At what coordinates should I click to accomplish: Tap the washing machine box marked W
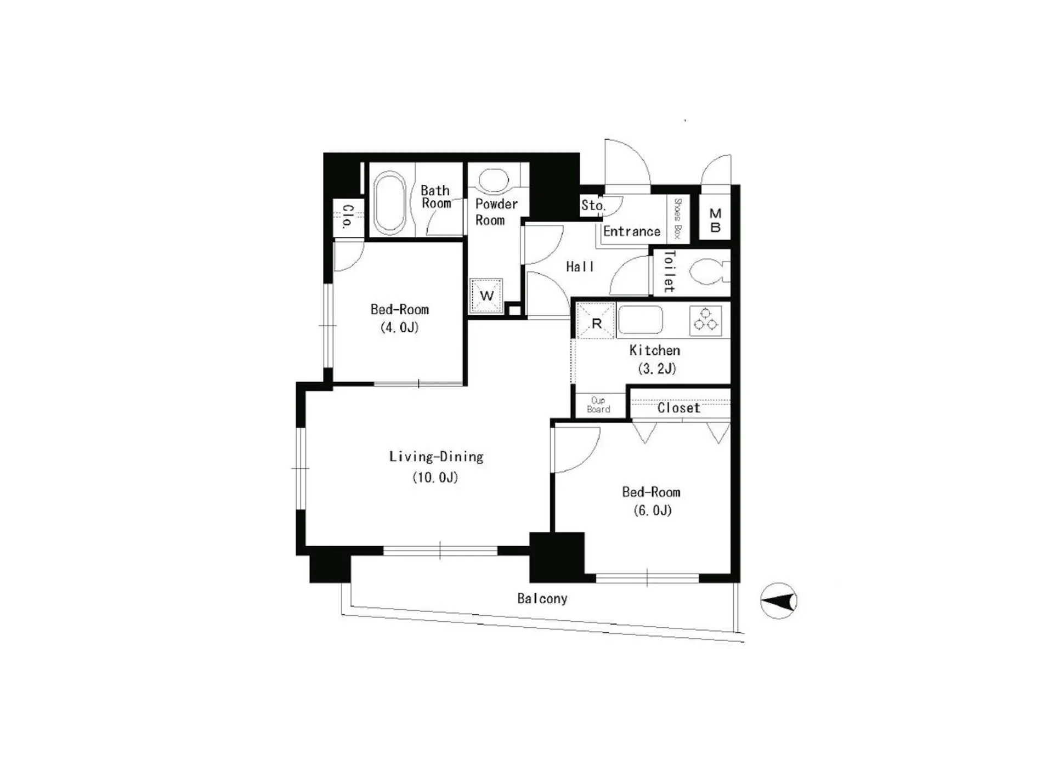coord(486,296)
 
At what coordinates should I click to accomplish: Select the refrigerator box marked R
coord(596,321)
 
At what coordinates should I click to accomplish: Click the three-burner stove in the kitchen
coord(706,320)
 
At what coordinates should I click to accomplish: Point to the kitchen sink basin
coord(640,320)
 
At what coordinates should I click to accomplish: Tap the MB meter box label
coord(715,220)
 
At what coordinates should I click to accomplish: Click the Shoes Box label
coord(677,219)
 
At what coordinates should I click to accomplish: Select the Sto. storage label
coord(593,206)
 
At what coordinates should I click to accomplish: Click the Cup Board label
coord(598,405)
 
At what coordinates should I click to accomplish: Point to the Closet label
coord(679,408)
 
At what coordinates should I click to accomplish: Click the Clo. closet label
coord(347,217)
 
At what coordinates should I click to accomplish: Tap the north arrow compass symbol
coord(778,601)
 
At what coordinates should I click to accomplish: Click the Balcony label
coord(542,598)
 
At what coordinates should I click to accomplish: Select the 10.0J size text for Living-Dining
coord(435,477)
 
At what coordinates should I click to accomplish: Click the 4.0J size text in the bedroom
coord(399,327)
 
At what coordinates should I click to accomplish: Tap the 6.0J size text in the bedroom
coord(653,511)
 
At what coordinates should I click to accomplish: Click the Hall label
coord(580,266)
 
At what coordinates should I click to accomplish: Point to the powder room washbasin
coord(494,179)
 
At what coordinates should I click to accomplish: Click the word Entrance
coord(632,231)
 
